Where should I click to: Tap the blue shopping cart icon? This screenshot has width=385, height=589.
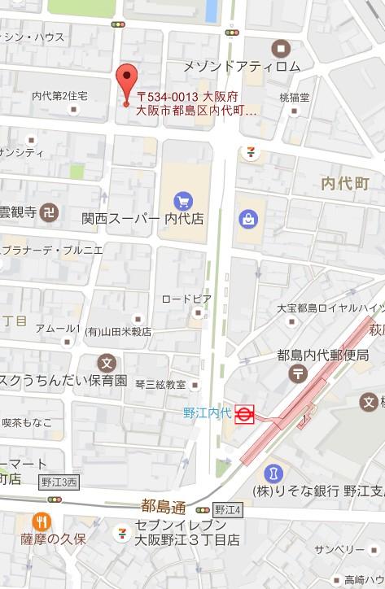click(182, 199)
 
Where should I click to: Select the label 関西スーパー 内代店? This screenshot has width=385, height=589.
click(142, 219)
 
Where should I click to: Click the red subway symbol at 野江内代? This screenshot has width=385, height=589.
click(244, 415)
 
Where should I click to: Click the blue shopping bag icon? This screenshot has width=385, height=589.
click(245, 219)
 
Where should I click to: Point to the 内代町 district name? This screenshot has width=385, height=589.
click(345, 184)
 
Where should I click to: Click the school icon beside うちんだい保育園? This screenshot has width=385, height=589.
click(107, 362)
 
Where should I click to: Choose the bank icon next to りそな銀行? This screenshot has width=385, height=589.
click(273, 472)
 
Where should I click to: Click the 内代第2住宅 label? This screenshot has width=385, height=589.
click(59, 96)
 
